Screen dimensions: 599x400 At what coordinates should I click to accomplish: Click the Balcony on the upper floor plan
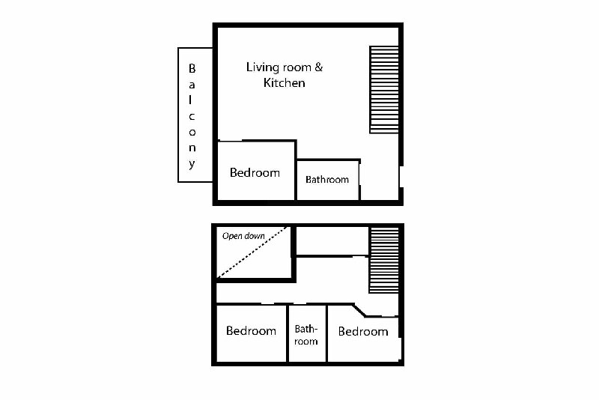[x=195, y=115]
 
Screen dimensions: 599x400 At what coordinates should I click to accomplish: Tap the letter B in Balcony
[x=192, y=68]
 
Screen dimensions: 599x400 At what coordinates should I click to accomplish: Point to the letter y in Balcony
[x=192, y=164]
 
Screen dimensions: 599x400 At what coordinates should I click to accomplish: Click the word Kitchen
[x=285, y=82]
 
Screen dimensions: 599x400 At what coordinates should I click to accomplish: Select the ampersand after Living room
[x=319, y=67]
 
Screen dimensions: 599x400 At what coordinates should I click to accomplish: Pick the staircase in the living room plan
[x=384, y=90]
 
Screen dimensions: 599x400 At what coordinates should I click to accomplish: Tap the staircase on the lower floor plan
[x=384, y=260]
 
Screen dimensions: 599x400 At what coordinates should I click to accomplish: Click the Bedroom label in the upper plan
[x=255, y=173]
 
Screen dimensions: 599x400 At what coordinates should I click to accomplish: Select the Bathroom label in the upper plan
[x=327, y=179]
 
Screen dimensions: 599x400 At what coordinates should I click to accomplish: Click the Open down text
[x=243, y=236]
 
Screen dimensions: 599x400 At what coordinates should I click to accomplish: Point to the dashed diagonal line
[x=252, y=252]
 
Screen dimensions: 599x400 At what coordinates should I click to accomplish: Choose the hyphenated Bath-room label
[x=306, y=335]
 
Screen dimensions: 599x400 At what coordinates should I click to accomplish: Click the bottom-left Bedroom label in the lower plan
[x=251, y=330]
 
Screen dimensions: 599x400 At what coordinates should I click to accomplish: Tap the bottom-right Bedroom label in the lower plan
[x=363, y=331]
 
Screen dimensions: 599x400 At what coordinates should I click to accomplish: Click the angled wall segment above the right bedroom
[x=359, y=310]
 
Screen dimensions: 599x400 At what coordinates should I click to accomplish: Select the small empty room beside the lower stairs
[x=332, y=241]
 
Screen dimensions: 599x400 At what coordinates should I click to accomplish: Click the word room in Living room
[x=297, y=68]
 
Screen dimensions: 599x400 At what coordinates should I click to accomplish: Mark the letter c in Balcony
[x=192, y=117]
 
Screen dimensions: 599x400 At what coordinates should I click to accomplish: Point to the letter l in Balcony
[x=190, y=100]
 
